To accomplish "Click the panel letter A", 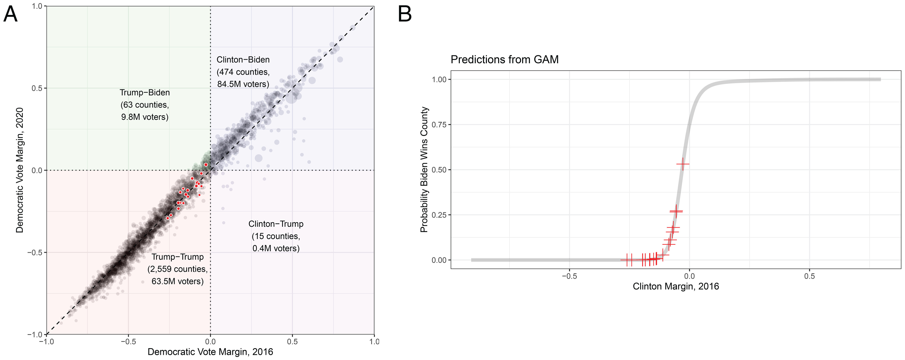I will [10, 15].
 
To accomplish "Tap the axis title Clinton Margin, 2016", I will [676, 287].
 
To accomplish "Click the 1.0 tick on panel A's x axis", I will [374, 341].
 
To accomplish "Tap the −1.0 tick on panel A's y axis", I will [34, 334].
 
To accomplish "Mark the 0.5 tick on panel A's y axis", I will [37, 88].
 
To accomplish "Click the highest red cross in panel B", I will [683, 164].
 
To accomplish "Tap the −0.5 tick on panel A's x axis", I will [128, 341].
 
